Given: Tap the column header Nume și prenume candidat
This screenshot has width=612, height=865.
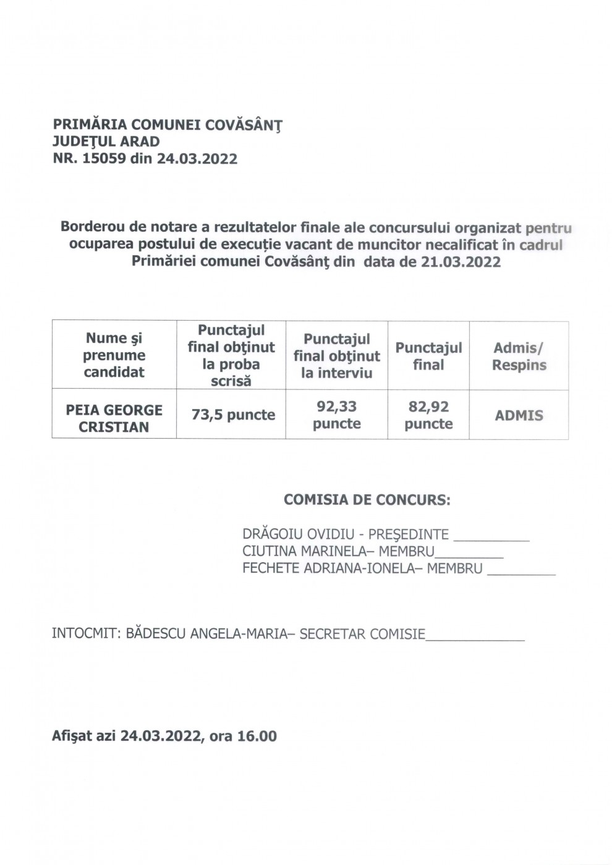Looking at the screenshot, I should tap(114, 355).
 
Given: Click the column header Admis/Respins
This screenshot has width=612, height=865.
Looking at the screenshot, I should tap(519, 357).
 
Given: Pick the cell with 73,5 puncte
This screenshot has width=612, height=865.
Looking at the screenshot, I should tap(233, 415).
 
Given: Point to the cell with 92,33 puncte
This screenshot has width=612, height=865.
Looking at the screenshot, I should tap(336, 415).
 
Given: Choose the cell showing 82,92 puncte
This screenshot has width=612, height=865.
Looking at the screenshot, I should tap(428, 415).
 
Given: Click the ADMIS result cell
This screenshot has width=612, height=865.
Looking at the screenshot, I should tap(519, 415).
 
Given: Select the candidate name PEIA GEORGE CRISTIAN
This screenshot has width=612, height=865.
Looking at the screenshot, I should tap(114, 418).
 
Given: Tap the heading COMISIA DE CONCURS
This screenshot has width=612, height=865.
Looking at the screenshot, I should tap(367, 500).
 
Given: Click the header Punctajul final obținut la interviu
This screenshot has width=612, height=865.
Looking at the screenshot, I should tap(336, 355).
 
